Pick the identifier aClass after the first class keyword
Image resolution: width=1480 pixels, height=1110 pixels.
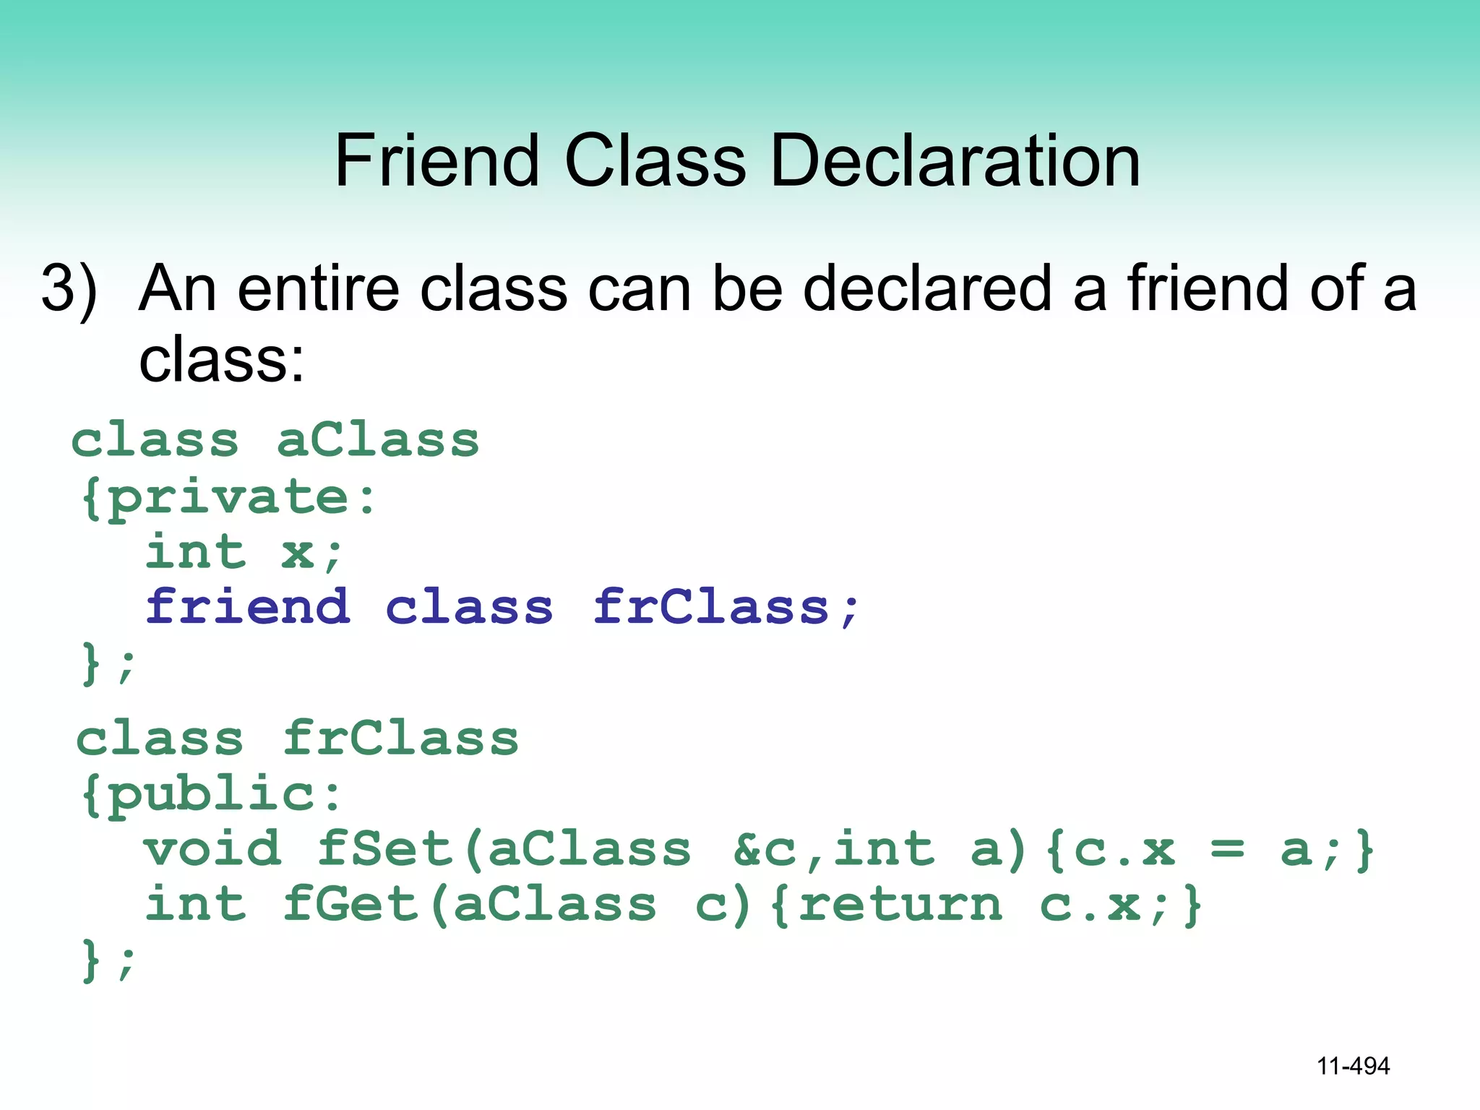[x=378, y=440]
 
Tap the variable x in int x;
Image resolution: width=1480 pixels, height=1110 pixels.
[x=298, y=553]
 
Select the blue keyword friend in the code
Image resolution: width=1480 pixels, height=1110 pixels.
[x=248, y=607]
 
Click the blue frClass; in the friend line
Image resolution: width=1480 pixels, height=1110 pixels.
[x=726, y=607]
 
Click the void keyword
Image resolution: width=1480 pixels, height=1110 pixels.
[x=212, y=849]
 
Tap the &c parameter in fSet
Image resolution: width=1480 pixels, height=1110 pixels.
[x=765, y=849]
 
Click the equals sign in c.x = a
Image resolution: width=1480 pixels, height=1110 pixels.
[x=1227, y=849]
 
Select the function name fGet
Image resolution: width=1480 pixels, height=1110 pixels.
[x=350, y=904]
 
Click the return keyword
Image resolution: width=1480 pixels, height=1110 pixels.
[x=900, y=904]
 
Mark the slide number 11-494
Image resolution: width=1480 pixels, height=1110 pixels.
[x=1353, y=1066]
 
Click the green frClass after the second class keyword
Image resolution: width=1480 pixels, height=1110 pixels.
[x=401, y=739]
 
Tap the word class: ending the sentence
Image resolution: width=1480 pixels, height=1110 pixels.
[x=221, y=359]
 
